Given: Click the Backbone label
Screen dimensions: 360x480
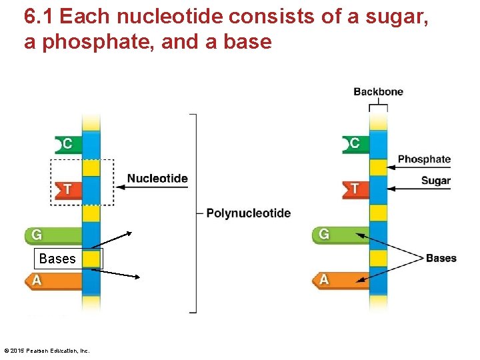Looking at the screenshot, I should [x=378, y=92].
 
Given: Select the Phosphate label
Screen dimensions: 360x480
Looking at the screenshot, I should [x=424, y=159].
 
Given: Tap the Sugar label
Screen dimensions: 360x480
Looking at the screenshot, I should [x=435, y=181].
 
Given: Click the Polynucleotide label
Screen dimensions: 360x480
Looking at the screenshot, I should [x=248, y=213].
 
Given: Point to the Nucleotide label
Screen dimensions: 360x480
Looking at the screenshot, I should [x=157, y=179].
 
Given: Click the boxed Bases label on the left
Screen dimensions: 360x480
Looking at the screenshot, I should [x=57, y=259].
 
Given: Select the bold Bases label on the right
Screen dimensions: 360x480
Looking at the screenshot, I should [x=441, y=258].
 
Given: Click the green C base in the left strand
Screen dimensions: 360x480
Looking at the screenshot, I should [x=68, y=144].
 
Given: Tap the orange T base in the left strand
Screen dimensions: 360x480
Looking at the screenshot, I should [x=67, y=189].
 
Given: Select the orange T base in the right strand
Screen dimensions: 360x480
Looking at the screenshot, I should [x=355, y=189].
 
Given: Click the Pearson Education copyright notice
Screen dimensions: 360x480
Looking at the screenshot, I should [x=47, y=351].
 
